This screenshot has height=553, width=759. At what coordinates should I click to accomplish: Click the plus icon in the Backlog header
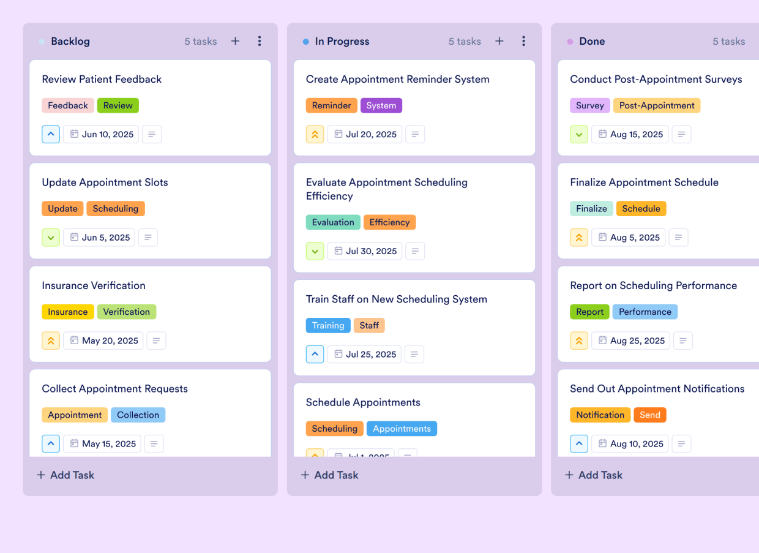[235, 41]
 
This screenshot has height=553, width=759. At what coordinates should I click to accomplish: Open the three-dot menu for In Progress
[523, 41]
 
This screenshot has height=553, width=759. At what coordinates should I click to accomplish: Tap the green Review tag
[118, 105]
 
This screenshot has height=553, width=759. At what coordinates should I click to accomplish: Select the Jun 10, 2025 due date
[101, 134]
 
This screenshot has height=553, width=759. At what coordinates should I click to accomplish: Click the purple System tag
[381, 105]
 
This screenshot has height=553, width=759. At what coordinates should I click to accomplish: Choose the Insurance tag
[68, 312]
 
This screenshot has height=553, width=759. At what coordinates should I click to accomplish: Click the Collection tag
[138, 415]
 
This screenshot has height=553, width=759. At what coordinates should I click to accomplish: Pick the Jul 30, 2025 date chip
[365, 251]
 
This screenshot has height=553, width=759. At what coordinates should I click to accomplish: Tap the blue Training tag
[328, 325]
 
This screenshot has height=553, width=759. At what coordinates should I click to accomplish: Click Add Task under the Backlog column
[65, 475]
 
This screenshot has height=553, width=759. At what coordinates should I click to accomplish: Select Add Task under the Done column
[594, 475]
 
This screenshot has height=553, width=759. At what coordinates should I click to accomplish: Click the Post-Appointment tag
[657, 105]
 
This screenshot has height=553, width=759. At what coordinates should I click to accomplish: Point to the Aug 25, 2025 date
[630, 340]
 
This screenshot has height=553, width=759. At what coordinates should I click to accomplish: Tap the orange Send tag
[650, 415]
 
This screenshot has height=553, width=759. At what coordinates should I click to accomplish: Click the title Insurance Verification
[94, 285]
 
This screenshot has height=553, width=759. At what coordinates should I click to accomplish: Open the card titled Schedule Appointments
[363, 402]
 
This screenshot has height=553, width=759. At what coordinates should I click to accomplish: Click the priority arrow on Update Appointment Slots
[51, 238]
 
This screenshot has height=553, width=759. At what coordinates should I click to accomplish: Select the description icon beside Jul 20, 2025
[415, 134]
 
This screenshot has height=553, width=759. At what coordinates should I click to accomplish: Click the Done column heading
[592, 41]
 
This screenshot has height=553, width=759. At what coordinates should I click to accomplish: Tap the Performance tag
[645, 312]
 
